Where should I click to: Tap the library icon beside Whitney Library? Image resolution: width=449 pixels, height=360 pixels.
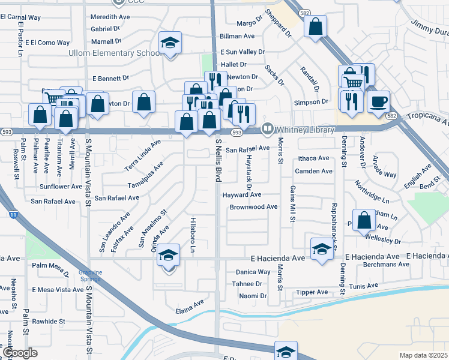[267, 129]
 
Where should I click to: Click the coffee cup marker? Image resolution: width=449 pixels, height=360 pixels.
[378, 101]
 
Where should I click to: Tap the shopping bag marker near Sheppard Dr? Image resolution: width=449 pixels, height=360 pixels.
[315, 26]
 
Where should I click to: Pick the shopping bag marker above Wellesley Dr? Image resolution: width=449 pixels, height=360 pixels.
[364, 220]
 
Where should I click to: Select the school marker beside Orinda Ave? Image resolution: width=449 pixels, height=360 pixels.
[169, 255]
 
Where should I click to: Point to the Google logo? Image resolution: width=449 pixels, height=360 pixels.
[20, 353]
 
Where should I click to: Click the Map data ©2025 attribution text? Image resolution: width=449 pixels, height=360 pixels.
[423, 355]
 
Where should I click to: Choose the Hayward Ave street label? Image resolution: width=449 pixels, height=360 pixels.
[242, 195]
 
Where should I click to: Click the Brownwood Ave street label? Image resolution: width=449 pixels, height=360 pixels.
[253, 207]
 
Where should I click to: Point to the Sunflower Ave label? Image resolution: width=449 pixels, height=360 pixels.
[57, 187]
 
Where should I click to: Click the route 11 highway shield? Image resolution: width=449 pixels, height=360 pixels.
[13, 213]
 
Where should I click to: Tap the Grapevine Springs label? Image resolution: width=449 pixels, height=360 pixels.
[91, 276]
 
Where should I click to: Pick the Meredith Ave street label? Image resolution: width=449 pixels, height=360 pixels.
[110, 17]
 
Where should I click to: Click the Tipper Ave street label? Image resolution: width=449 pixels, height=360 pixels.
[312, 292]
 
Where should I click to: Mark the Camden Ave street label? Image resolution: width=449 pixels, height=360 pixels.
[313, 171]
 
